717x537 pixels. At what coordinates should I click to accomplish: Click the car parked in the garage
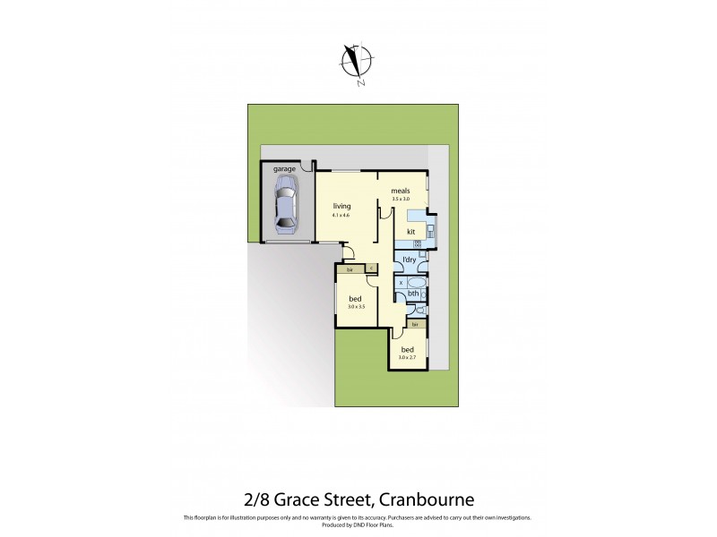tap(286, 202)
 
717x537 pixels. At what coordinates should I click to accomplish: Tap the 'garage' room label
tap(285, 168)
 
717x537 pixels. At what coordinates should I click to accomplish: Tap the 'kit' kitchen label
tap(410, 232)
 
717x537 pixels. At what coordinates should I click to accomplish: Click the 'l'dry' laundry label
tap(409, 260)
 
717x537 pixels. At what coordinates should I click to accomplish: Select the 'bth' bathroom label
tap(413, 293)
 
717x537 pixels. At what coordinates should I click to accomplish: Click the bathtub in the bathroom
tap(419, 283)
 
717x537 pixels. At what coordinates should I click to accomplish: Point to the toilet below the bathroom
tap(419, 311)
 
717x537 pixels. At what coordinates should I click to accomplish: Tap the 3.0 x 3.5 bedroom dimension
tap(356, 307)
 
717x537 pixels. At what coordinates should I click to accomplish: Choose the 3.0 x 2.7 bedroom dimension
tap(408, 358)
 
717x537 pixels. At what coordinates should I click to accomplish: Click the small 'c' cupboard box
tap(370, 268)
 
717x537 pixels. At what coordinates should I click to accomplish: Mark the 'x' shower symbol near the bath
tap(401, 282)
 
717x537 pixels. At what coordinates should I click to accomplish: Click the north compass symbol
tap(356, 63)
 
